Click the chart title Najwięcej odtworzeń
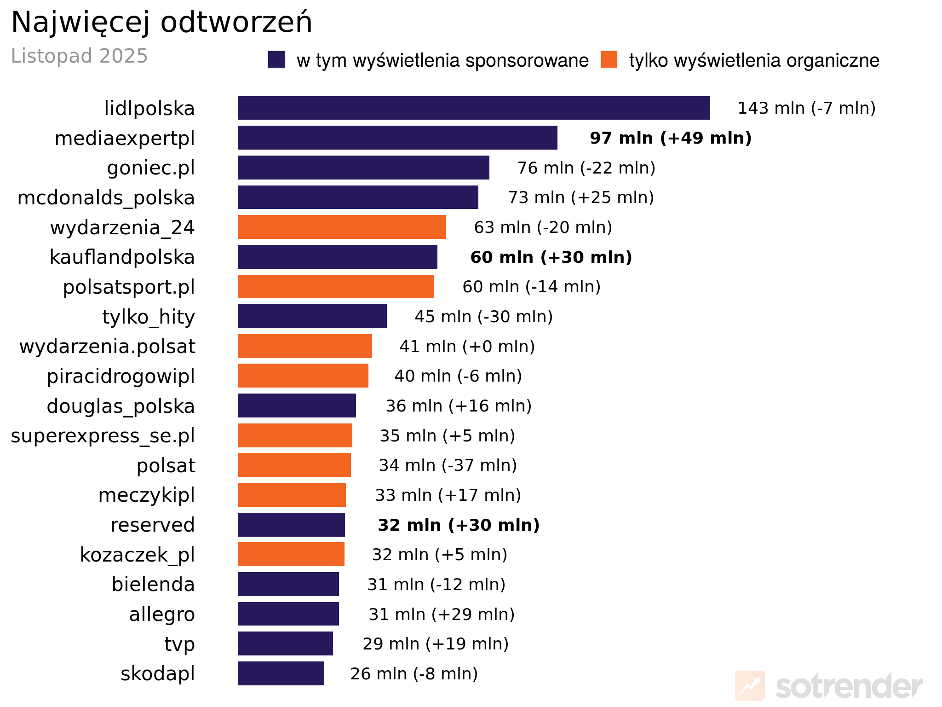[x=161, y=22]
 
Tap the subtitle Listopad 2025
[x=79, y=56]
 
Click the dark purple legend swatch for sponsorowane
[x=276, y=60]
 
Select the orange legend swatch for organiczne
[x=609, y=60]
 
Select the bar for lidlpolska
[x=473, y=108]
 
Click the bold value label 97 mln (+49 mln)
[x=670, y=138]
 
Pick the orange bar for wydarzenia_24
[x=342, y=227]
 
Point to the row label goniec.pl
[x=151, y=168]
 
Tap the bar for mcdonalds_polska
[x=358, y=197]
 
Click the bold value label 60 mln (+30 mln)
[x=551, y=257]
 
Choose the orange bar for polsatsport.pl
[x=336, y=287]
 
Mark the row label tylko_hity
[x=149, y=317]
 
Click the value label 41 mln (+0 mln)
[x=467, y=346]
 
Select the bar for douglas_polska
[x=297, y=406]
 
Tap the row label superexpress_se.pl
[x=103, y=435]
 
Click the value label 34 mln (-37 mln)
[x=448, y=465]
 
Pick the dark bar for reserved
[x=291, y=525]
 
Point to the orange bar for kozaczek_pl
[x=291, y=554]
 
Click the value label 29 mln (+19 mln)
[x=435, y=643]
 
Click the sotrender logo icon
[x=749, y=686]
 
